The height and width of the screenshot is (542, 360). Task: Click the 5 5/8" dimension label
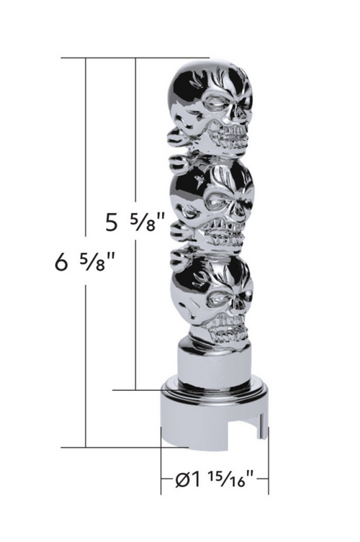click(130, 222)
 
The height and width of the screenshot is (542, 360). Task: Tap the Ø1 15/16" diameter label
click(213, 478)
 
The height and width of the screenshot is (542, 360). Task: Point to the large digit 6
click(60, 264)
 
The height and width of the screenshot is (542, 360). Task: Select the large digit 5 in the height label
click(112, 223)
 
